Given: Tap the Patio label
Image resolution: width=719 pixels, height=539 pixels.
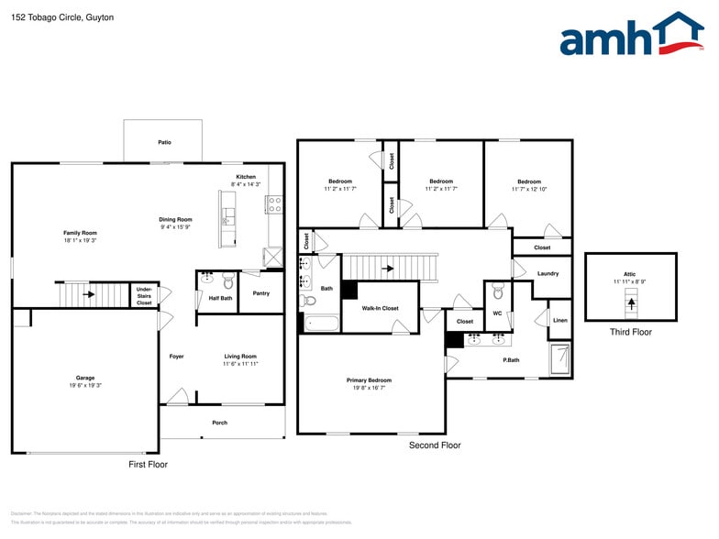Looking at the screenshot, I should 164,142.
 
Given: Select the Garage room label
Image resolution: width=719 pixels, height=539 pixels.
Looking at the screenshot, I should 85,378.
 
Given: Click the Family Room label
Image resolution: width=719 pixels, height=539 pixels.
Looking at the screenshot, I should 80,233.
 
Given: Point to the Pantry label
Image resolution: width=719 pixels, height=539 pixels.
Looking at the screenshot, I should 261,293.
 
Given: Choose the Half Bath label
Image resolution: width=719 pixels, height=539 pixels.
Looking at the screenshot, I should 219,298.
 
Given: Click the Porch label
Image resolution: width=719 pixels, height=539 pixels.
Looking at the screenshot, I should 219,423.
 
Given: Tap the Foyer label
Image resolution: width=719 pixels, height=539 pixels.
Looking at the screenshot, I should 176,357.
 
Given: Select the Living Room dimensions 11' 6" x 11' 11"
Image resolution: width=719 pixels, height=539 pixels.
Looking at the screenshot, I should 240,364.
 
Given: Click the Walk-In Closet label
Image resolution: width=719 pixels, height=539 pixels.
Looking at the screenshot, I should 380,309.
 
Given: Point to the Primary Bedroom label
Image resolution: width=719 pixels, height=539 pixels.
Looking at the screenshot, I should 369,380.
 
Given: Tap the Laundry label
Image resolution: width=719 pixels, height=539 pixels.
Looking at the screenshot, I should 548,274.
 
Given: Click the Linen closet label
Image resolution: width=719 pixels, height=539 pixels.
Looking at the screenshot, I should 559,320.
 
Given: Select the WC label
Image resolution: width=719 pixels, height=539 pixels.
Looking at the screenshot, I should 497,313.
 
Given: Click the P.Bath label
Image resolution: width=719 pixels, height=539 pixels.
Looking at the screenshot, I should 511,360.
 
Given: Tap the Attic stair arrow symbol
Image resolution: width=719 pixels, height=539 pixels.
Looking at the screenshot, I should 630,302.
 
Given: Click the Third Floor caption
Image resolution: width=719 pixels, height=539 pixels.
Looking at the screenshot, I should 630,332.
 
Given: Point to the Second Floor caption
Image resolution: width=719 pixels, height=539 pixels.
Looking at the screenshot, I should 435,445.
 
